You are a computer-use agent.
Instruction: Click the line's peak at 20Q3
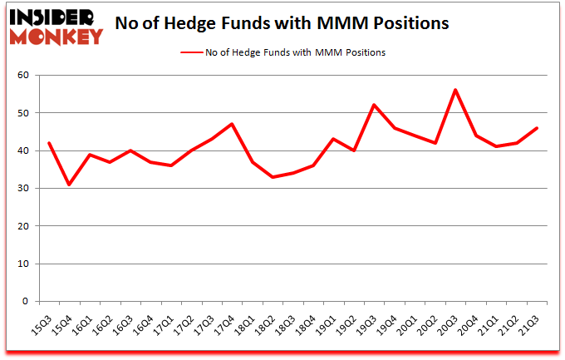(456, 90)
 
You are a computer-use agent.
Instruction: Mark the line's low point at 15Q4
(70, 185)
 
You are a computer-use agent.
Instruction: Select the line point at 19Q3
(375, 105)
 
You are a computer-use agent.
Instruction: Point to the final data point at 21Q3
(538, 128)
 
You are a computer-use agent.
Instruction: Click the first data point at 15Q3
(49, 143)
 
